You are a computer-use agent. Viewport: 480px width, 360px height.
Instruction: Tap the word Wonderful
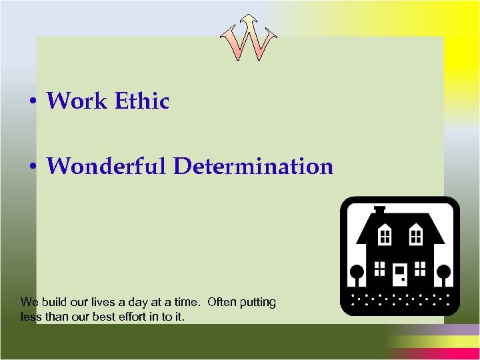[x=107, y=166]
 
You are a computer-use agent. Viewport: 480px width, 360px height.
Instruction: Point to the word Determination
[x=253, y=166]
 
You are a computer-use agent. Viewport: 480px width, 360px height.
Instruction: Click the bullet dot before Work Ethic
[x=33, y=103]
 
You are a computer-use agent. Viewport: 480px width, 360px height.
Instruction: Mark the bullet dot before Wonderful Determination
[x=33, y=167]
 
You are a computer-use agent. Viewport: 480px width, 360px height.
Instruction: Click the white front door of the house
[x=400, y=273]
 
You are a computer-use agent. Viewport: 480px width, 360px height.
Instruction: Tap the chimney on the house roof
[x=379, y=211]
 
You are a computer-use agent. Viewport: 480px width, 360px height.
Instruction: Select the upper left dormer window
[x=385, y=235]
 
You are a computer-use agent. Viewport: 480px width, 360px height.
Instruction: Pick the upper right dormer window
[x=415, y=235]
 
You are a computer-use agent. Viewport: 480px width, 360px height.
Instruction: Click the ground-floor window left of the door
[x=379, y=269]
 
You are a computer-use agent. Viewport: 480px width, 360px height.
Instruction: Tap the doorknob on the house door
[x=404, y=274]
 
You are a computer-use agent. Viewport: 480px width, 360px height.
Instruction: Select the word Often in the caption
[x=224, y=302]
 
